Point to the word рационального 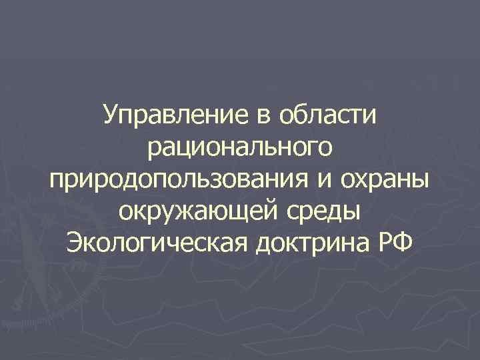[x=239, y=149]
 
